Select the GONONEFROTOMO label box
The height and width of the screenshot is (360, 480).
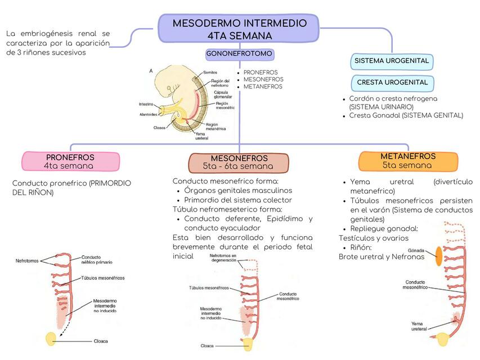(x=240, y=55)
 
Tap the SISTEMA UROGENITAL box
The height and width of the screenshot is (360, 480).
(x=392, y=61)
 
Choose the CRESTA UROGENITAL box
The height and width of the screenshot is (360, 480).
(x=392, y=83)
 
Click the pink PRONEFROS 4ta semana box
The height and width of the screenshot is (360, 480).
(x=70, y=161)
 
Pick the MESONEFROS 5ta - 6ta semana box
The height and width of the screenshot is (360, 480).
(x=239, y=163)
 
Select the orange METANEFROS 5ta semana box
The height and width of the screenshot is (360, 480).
(x=407, y=161)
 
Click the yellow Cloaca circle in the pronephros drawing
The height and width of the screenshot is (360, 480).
(x=51, y=339)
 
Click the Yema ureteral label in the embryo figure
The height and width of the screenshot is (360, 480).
(x=201, y=136)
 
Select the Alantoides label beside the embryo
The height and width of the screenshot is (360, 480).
(x=149, y=115)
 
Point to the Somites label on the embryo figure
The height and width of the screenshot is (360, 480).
(x=210, y=73)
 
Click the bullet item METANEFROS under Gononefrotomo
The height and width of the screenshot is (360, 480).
(x=263, y=87)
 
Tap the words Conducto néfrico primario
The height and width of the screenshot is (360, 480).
(x=97, y=259)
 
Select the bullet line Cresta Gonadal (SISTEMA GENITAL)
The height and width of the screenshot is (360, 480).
(x=406, y=115)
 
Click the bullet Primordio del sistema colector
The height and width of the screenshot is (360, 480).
(x=238, y=200)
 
